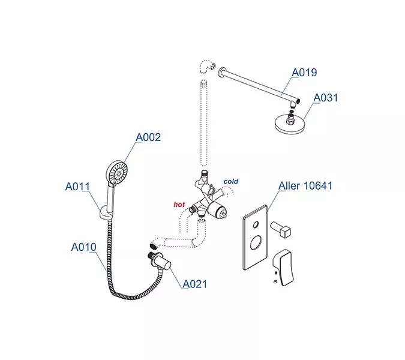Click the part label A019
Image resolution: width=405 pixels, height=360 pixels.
304,73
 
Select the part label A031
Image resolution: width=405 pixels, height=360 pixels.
326,98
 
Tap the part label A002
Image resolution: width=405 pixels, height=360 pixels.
148,137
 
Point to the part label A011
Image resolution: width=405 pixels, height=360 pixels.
77,187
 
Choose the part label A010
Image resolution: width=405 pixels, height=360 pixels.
83,247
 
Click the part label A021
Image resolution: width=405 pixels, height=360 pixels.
195,283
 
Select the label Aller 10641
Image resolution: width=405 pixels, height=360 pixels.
305,186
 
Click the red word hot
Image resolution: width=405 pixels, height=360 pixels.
179,205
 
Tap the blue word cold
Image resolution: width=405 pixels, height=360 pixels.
231,181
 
